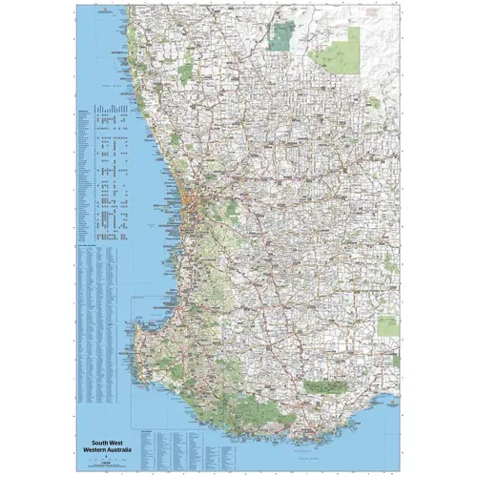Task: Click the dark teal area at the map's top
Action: click(x=280, y=35)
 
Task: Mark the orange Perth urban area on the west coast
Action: click(x=194, y=205)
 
